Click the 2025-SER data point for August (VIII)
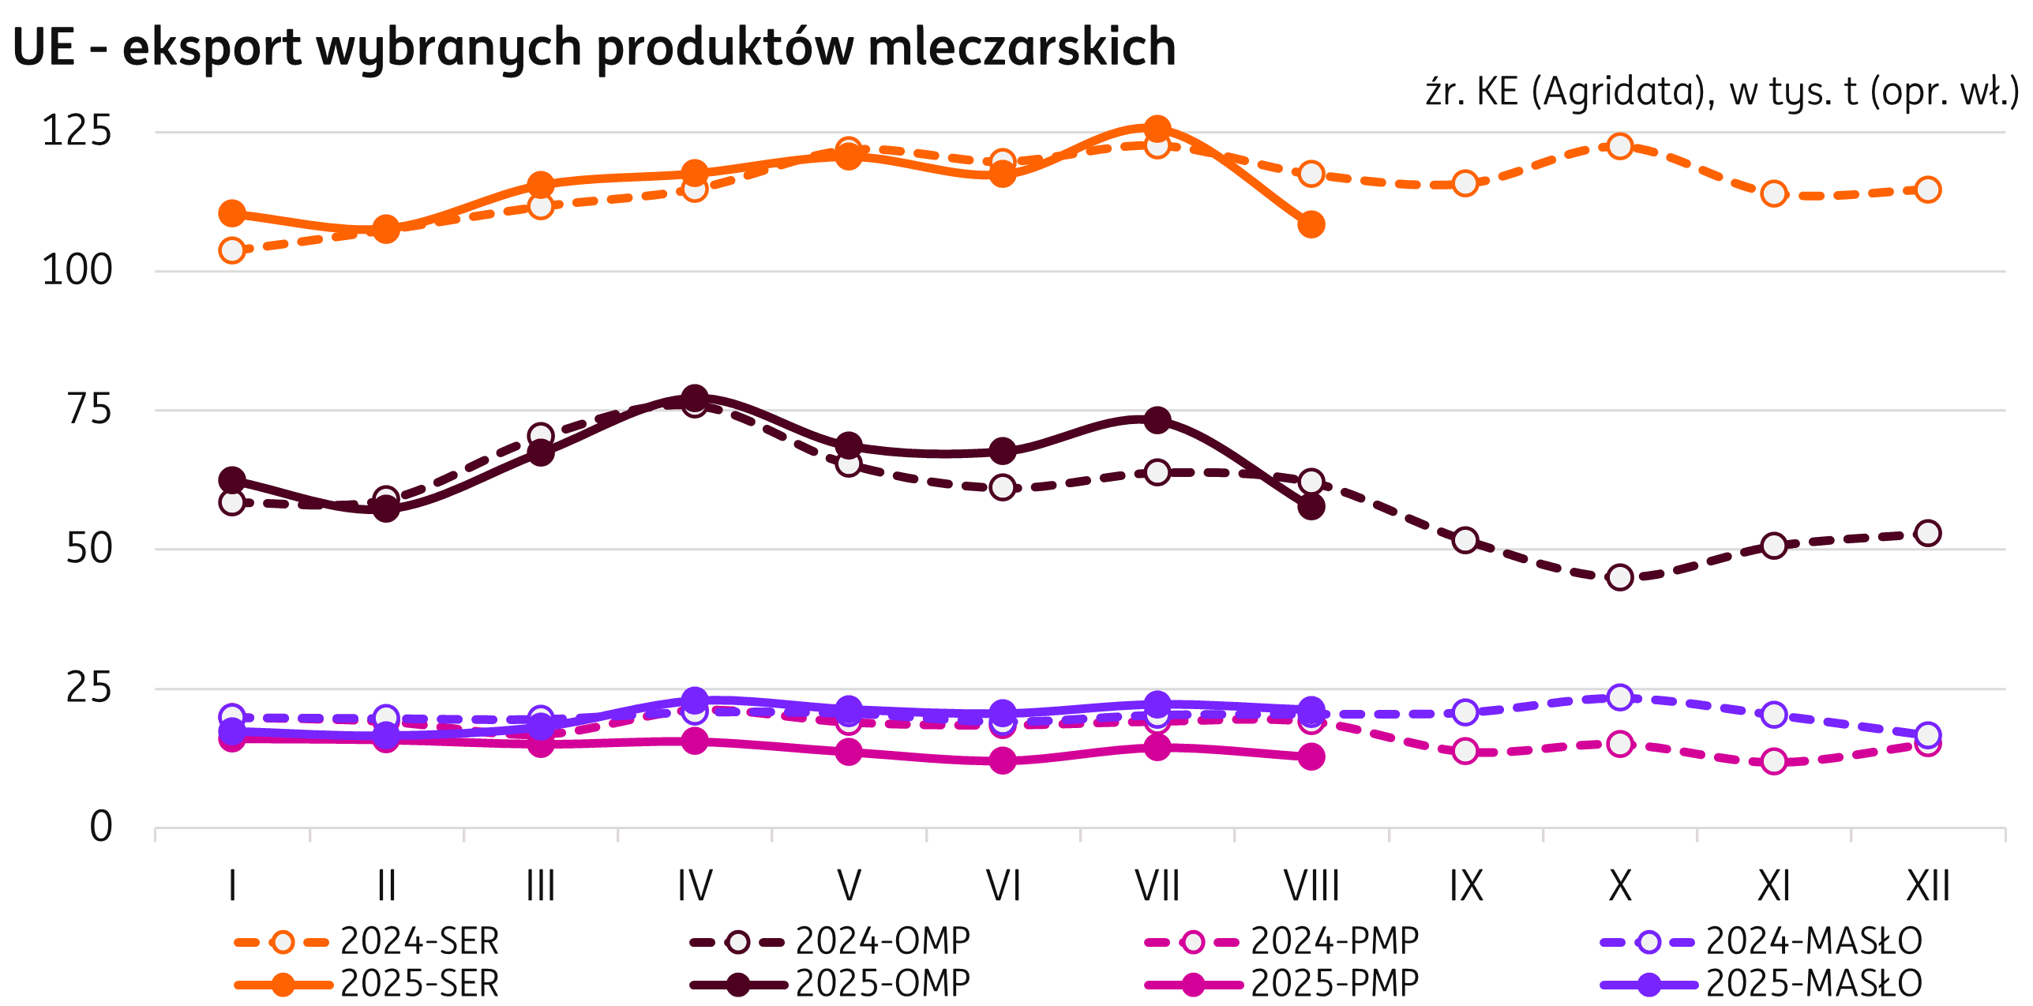tap(1311, 224)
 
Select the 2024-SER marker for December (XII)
tap(1928, 190)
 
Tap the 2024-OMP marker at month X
tap(1620, 577)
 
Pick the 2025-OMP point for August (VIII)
tap(1311, 506)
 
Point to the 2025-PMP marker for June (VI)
tap(1003, 760)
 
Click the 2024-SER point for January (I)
tap(232, 250)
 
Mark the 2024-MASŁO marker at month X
tap(1620, 697)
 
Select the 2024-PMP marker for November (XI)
tap(1774, 761)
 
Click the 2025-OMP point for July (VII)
tap(1157, 419)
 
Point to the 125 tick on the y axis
tap(77, 131)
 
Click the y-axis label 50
tap(88, 549)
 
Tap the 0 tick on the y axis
tap(101, 828)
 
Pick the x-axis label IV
tap(695, 886)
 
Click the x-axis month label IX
tap(1465, 886)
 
